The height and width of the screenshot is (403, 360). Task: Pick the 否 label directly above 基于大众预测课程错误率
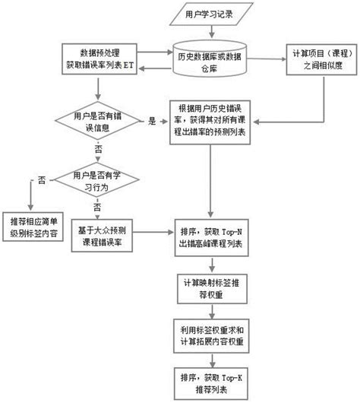coord(97,207)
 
